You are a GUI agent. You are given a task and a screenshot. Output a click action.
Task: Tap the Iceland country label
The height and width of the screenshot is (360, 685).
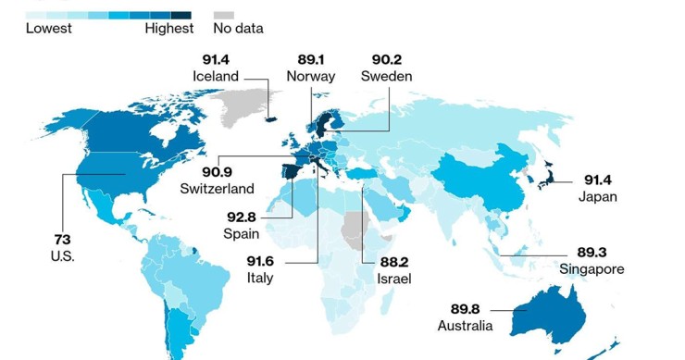tap(216, 76)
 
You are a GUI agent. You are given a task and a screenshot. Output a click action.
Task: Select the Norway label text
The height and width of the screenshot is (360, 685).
tap(311, 76)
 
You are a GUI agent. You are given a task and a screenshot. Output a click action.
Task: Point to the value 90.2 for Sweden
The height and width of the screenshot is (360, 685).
tap(387, 58)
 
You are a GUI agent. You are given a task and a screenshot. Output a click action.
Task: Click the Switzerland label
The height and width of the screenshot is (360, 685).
tap(218, 188)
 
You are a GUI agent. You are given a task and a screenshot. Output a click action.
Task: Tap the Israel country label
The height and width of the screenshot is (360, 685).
tap(394, 278)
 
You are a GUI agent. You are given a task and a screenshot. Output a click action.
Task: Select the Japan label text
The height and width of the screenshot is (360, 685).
tap(597, 196)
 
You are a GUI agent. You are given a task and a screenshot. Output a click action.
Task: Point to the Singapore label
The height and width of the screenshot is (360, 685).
tap(592, 269)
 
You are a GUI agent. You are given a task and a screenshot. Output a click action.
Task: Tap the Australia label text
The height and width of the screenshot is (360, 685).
tap(465, 326)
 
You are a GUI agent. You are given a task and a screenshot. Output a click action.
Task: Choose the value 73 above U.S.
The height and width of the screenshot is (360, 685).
tap(62, 239)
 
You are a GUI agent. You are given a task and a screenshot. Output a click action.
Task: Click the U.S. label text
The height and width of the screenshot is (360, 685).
tap(62, 255)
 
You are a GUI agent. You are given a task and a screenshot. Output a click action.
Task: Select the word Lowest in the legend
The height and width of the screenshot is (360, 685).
tap(49, 29)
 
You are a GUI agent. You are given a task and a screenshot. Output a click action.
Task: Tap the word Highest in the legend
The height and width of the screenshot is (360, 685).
tap(169, 29)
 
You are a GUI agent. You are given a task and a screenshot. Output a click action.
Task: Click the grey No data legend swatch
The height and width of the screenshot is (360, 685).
tap(223, 16)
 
